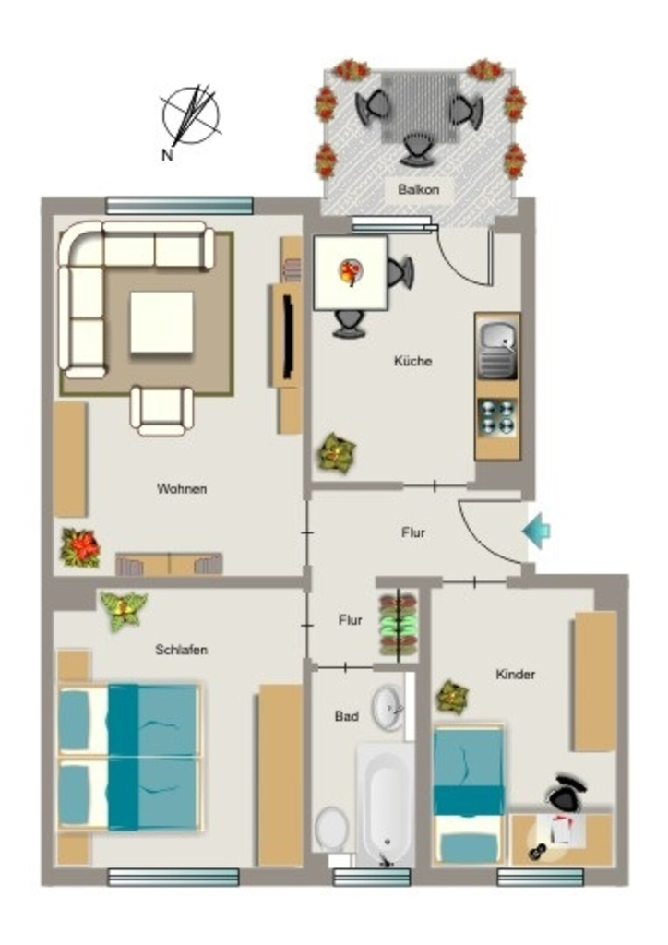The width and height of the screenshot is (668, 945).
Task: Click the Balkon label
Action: coord(418,189)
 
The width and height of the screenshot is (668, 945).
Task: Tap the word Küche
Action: coord(412,361)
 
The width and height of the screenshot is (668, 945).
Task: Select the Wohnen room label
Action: coord(182,488)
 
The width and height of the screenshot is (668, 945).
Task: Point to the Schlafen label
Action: coord(182,649)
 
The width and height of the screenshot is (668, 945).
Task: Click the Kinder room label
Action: coord(515,674)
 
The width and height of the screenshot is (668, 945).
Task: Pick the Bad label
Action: coord(346,716)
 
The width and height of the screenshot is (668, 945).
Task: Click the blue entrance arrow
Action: coord(536,531)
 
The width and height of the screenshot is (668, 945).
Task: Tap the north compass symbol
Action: coord(190,117)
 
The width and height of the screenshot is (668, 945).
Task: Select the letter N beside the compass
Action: coord(167,155)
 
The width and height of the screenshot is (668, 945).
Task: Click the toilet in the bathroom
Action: coord(332,830)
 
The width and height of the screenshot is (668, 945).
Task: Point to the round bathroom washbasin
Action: coord(388,707)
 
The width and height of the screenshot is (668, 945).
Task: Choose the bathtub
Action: coord(385,805)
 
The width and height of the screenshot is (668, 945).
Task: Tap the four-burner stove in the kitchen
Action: coord(497,417)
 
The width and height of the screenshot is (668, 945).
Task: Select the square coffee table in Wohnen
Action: coord(161,322)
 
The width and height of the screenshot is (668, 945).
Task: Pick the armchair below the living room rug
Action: coord(162,411)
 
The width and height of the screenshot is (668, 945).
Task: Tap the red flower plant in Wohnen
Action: coord(80,547)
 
